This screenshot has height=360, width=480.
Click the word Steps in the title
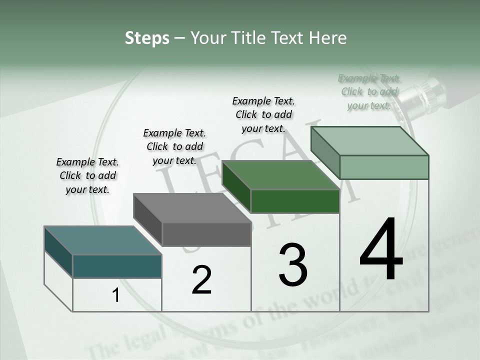click(x=147, y=38)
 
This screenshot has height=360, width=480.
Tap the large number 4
click(x=381, y=250)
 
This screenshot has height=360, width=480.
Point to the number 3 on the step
click(x=293, y=265)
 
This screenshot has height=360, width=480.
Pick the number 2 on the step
click(x=201, y=280)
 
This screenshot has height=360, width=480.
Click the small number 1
click(x=116, y=295)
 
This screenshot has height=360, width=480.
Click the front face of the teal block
click(x=117, y=266)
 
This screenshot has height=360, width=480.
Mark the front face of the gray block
click(x=206, y=234)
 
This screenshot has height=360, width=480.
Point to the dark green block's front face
click(x=295, y=201)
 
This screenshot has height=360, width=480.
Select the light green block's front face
click(x=384, y=167)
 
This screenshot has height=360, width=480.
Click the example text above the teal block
click(x=87, y=175)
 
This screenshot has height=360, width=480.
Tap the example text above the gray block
click(x=174, y=146)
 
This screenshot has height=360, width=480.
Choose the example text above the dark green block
click(x=263, y=114)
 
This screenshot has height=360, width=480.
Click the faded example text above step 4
click(x=369, y=91)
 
